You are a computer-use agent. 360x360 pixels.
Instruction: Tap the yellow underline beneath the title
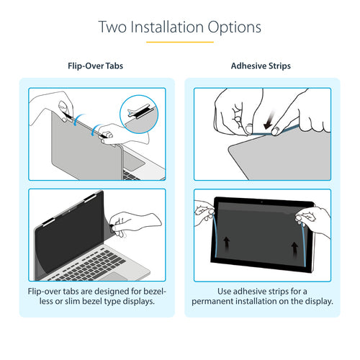[179, 42]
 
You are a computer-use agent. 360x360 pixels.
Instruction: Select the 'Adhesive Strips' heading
[261, 66]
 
